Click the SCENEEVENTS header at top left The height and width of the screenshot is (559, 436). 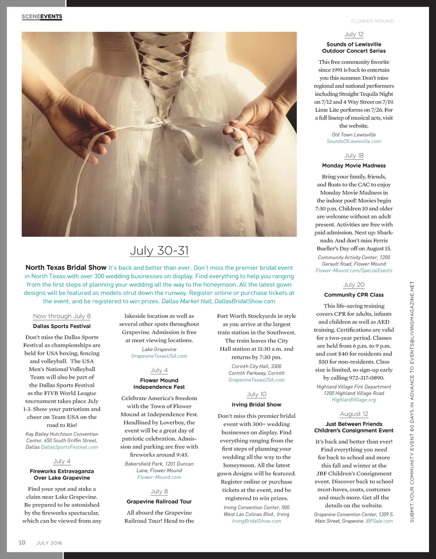tap(42, 17)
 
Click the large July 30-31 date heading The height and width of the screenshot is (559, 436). tap(159, 250)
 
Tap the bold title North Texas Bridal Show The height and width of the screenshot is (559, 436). tap(66, 268)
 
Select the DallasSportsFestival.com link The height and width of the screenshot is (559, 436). tap(69, 447)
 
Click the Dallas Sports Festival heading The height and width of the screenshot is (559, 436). tap(62, 326)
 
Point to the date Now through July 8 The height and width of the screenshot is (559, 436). tap(62, 316)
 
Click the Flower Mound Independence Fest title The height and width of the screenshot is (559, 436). tap(159, 383)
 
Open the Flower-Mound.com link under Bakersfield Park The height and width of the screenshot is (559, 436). tap(159, 477)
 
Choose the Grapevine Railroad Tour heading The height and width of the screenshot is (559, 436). tap(159, 501)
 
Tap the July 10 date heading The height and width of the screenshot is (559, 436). tap(256, 395)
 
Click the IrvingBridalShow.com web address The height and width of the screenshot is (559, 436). tap(256, 521)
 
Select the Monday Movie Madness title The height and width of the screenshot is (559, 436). tap(354, 166)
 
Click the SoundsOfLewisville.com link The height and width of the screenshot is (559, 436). tap(354, 141)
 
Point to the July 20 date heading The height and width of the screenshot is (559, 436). tap(354, 285)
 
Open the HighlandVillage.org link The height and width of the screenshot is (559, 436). tap(354, 400)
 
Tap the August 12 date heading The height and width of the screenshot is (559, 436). tap(354, 414)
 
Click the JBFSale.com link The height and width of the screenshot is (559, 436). tap(379, 521)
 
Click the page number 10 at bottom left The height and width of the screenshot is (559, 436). tap(22, 542)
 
